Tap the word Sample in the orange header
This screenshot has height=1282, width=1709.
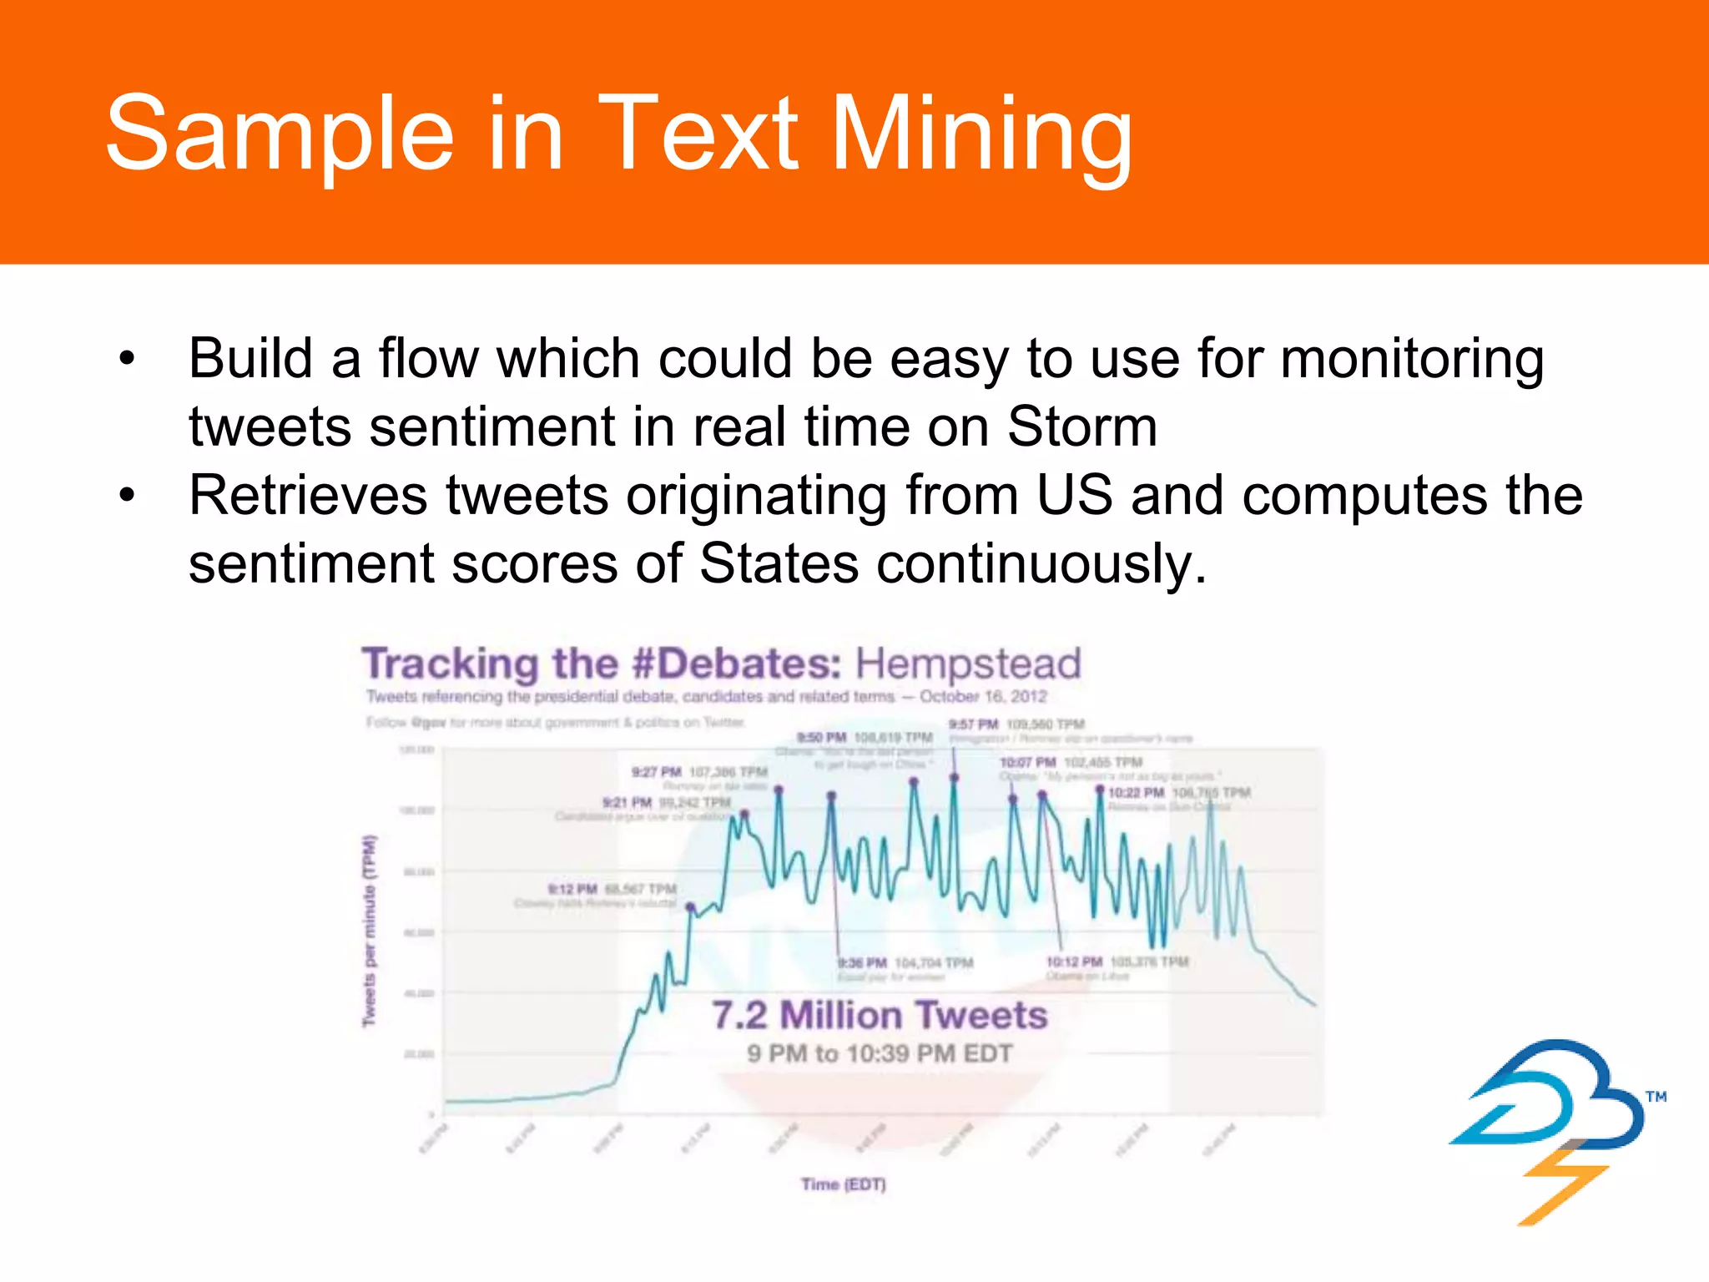pos(280,134)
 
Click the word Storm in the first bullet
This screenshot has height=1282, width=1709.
pos(1081,426)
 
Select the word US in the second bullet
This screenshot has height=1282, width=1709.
pos(1074,495)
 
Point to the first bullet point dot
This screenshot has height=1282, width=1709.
pos(126,359)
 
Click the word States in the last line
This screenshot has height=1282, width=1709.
pos(778,563)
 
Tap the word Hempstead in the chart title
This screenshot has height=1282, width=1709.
pos(968,664)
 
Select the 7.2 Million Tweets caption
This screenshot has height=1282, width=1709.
pos(880,1015)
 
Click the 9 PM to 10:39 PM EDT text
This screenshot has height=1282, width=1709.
pos(880,1053)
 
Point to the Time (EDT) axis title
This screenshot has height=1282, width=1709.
pos(843,1184)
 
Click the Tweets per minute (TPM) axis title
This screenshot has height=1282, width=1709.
pos(369,931)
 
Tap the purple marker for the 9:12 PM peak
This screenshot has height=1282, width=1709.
pos(690,906)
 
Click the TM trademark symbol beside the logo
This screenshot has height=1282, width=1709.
pos(1656,1097)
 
